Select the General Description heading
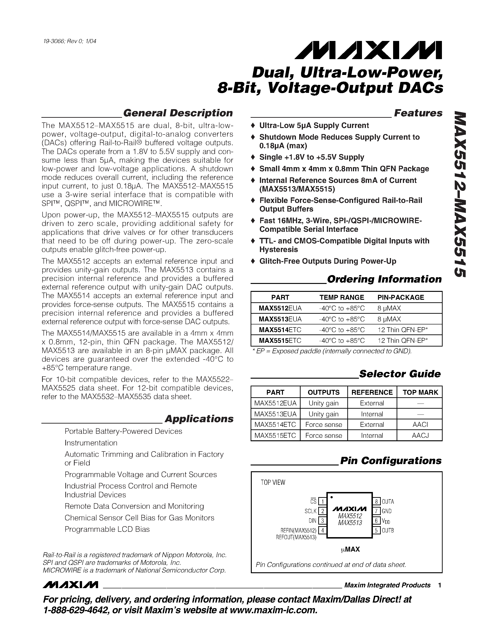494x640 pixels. (x=178, y=113)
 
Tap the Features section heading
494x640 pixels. (x=418, y=113)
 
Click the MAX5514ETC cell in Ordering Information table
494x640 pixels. (x=280, y=330)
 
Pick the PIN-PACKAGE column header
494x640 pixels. (x=400, y=297)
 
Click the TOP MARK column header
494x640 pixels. (x=420, y=392)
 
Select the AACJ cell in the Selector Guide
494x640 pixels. (x=420, y=435)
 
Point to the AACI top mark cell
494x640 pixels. (x=420, y=425)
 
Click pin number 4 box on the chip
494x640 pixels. (x=322, y=530)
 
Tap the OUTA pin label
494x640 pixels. (x=388, y=501)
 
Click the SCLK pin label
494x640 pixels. (x=311, y=511)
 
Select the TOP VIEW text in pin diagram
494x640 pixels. (x=273, y=483)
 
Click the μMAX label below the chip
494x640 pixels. (x=350, y=549)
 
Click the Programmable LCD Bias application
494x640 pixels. (x=107, y=529)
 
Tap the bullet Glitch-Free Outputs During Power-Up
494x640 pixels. (x=328, y=261)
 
